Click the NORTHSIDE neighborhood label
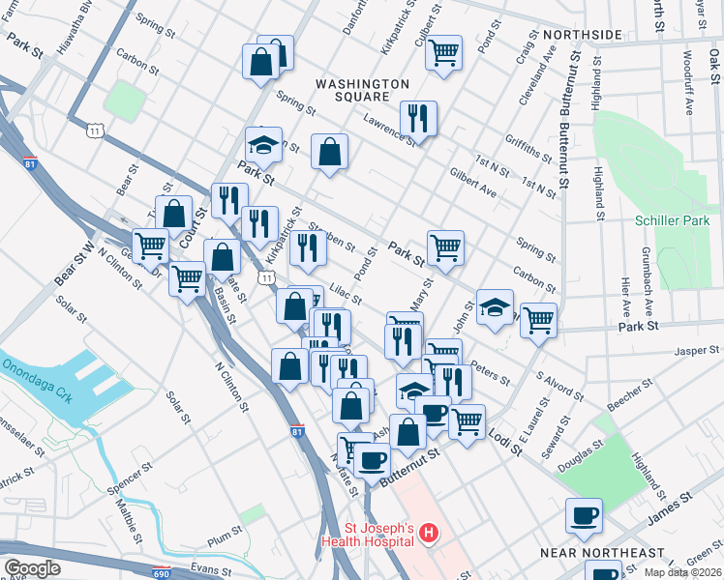(582, 35)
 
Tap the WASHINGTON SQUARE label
(362, 93)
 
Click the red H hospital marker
(428, 533)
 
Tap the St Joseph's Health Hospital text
(379, 535)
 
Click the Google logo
(32, 567)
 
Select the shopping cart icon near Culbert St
(443, 52)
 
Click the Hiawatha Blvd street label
(78, 24)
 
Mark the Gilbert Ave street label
(472, 181)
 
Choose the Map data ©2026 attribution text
(683, 572)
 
